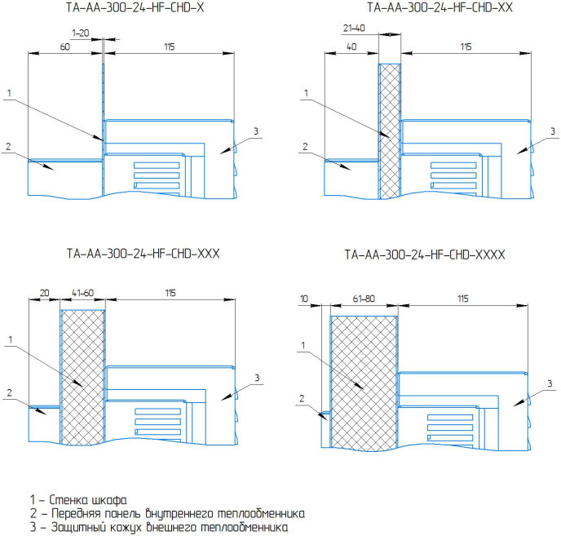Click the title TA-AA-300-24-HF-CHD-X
(x=135, y=7)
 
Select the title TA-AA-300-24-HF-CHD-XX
(x=440, y=7)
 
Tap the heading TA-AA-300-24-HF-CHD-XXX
(x=143, y=254)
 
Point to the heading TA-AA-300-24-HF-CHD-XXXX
(x=425, y=255)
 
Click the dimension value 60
(x=64, y=47)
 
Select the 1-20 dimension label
(x=80, y=33)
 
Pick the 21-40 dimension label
(x=354, y=28)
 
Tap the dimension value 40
(x=351, y=47)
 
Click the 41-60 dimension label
(x=82, y=293)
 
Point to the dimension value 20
(x=44, y=293)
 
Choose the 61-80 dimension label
(x=364, y=299)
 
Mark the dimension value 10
(x=304, y=299)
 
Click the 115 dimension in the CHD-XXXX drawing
(x=462, y=299)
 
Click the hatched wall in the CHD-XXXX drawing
(x=364, y=383)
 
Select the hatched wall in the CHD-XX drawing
(x=389, y=131)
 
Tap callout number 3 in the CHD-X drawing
(x=256, y=131)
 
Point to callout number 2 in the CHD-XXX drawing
(x=9, y=392)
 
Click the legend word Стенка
(x=68, y=499)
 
